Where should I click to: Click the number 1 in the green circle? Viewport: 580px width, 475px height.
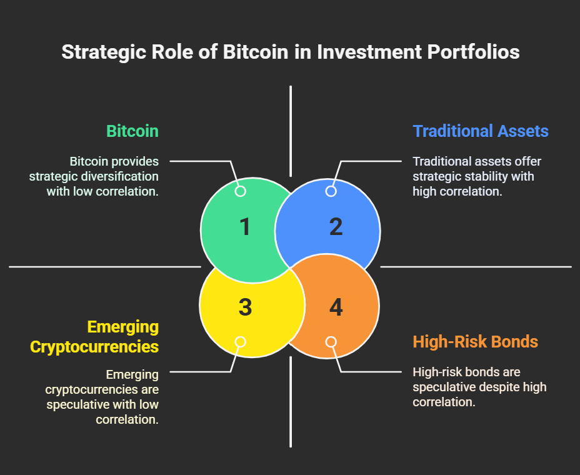click(245, 226)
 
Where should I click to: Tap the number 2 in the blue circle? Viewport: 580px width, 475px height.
click(336, 226)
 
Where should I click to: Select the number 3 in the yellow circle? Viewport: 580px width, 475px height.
click(245, 307)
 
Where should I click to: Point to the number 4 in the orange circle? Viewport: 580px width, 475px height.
click(336, 307)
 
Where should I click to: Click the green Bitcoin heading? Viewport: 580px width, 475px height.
click(132, 131)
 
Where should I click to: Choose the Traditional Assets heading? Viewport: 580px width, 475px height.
click(481, 131)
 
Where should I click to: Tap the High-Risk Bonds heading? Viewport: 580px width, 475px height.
click(476, 342)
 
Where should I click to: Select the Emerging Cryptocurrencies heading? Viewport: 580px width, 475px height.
click(94, 337)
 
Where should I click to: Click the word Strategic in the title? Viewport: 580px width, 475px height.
click(104, 52)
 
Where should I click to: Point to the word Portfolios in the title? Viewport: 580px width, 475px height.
click(474, 52)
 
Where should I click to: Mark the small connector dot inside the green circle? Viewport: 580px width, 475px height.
click(241, 191)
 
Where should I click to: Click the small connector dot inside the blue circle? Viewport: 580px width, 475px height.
click(331, 191)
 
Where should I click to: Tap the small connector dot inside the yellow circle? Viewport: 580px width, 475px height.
click(241, 342)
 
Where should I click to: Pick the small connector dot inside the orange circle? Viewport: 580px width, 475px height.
click(331, 342)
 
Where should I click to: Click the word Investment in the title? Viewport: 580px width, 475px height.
click(369, 52)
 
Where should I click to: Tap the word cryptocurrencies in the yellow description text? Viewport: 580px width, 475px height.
click(92, 389)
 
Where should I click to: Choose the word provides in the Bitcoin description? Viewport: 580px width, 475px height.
click(135, 162)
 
